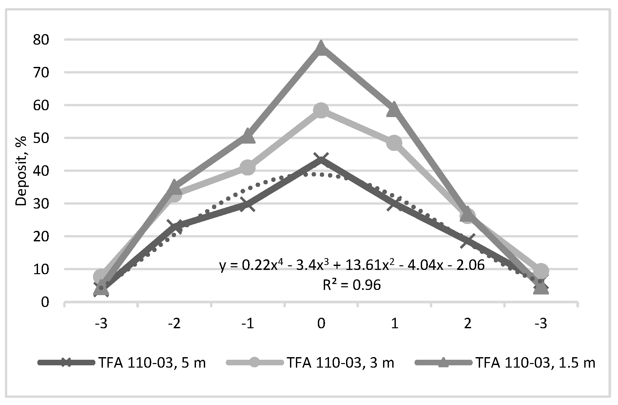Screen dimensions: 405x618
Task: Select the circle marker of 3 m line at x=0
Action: click(321, 111)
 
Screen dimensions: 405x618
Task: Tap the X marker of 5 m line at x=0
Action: click(321, 159)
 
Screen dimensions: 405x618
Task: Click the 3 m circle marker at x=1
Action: click(394, 143)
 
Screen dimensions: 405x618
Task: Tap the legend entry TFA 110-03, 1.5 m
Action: click(535, 363)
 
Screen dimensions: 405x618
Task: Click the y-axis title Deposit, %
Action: click(21, 171)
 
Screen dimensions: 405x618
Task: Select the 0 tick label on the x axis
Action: click(321, 324)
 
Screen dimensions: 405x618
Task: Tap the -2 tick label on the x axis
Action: click(174, 324)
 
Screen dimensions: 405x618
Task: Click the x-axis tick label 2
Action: click(468, 324)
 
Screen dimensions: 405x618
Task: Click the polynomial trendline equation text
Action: click(352, 265)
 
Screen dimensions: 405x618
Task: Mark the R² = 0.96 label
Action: click(352, 285)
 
